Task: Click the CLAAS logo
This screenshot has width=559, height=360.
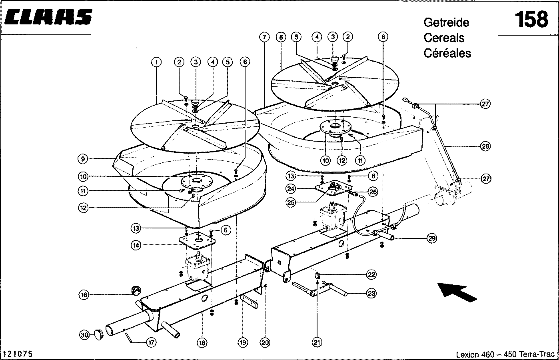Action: [x=48, y=17]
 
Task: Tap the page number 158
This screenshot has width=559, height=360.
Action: [x=531, y=20]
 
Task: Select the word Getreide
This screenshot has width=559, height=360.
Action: [x=447, y=22]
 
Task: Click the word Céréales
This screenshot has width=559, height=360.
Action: [x=447, y=53]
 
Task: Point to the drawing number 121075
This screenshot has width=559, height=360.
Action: [x=18, y=354]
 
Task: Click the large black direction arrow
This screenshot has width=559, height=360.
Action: [x=457, y=292]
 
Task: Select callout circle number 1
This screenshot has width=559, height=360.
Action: [x=156, y=62]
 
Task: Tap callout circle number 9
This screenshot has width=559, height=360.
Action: [x=83, y=159]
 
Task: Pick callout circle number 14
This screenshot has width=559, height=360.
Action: [x=136, y=245]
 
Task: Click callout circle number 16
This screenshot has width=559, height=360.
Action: [x=84, y=295]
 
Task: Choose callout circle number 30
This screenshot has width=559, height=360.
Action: [x=84, y=335]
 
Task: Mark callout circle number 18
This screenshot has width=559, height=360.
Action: [x=202, y=343]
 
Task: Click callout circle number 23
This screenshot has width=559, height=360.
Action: [x=371, y=293]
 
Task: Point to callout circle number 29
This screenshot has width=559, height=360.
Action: [x=432, y=238]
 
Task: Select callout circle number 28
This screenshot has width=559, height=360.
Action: [x=486, y=146]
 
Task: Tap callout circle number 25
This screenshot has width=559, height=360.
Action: [x=291, y=202]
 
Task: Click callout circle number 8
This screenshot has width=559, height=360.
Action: [x=281, y=37]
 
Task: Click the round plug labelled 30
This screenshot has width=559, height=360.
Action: [x=99, y=335]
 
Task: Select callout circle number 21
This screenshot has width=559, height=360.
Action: [x=317, y=342]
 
